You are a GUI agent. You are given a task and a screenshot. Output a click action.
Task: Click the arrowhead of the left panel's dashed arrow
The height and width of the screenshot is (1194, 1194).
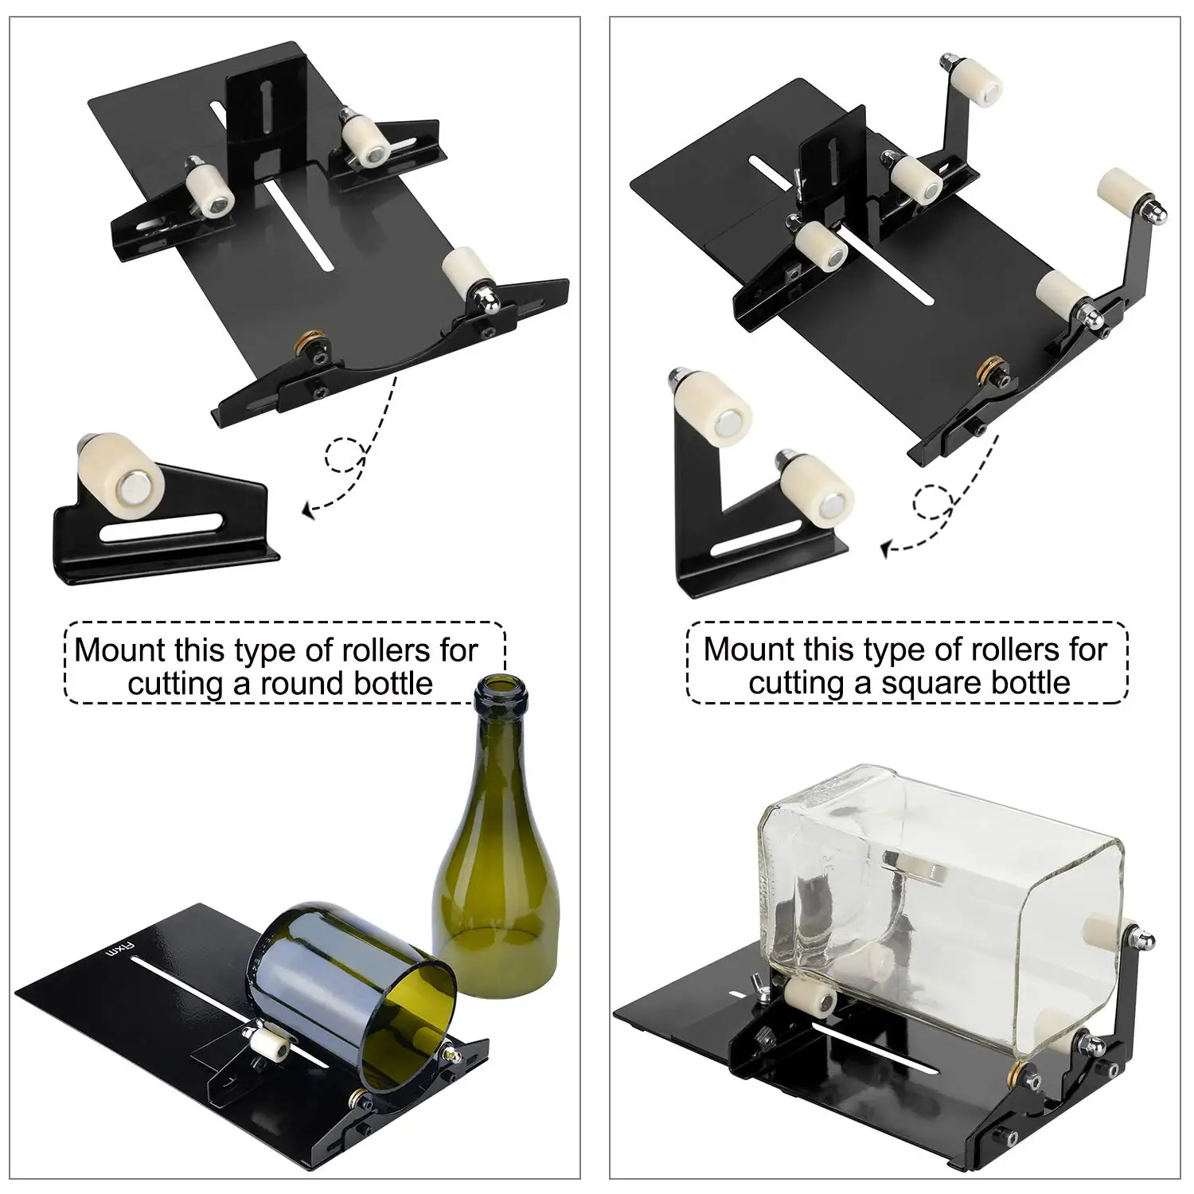(308, 510)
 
